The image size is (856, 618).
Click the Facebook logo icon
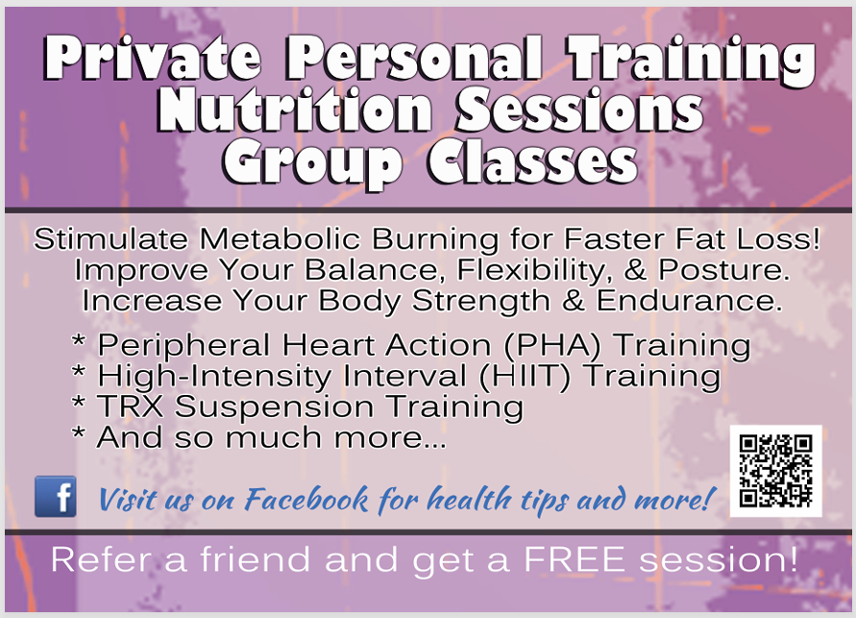(x=56, y=496)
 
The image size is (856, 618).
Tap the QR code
(x=775, y=471)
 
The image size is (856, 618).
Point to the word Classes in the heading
(x=533, y=162)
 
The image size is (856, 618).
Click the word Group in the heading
(x=313, y=163)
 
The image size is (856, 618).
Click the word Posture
(x=723, y=270)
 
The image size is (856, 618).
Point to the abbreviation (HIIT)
(x=525, y=376)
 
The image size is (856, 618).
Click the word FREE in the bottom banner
(x=575, y=559)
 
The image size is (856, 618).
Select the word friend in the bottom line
(x=255, y=559)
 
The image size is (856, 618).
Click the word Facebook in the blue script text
(x=306, y=499)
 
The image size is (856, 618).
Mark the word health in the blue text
(x=470, y=499)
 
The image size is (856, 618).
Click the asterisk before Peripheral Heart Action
(x=79, y=342)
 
